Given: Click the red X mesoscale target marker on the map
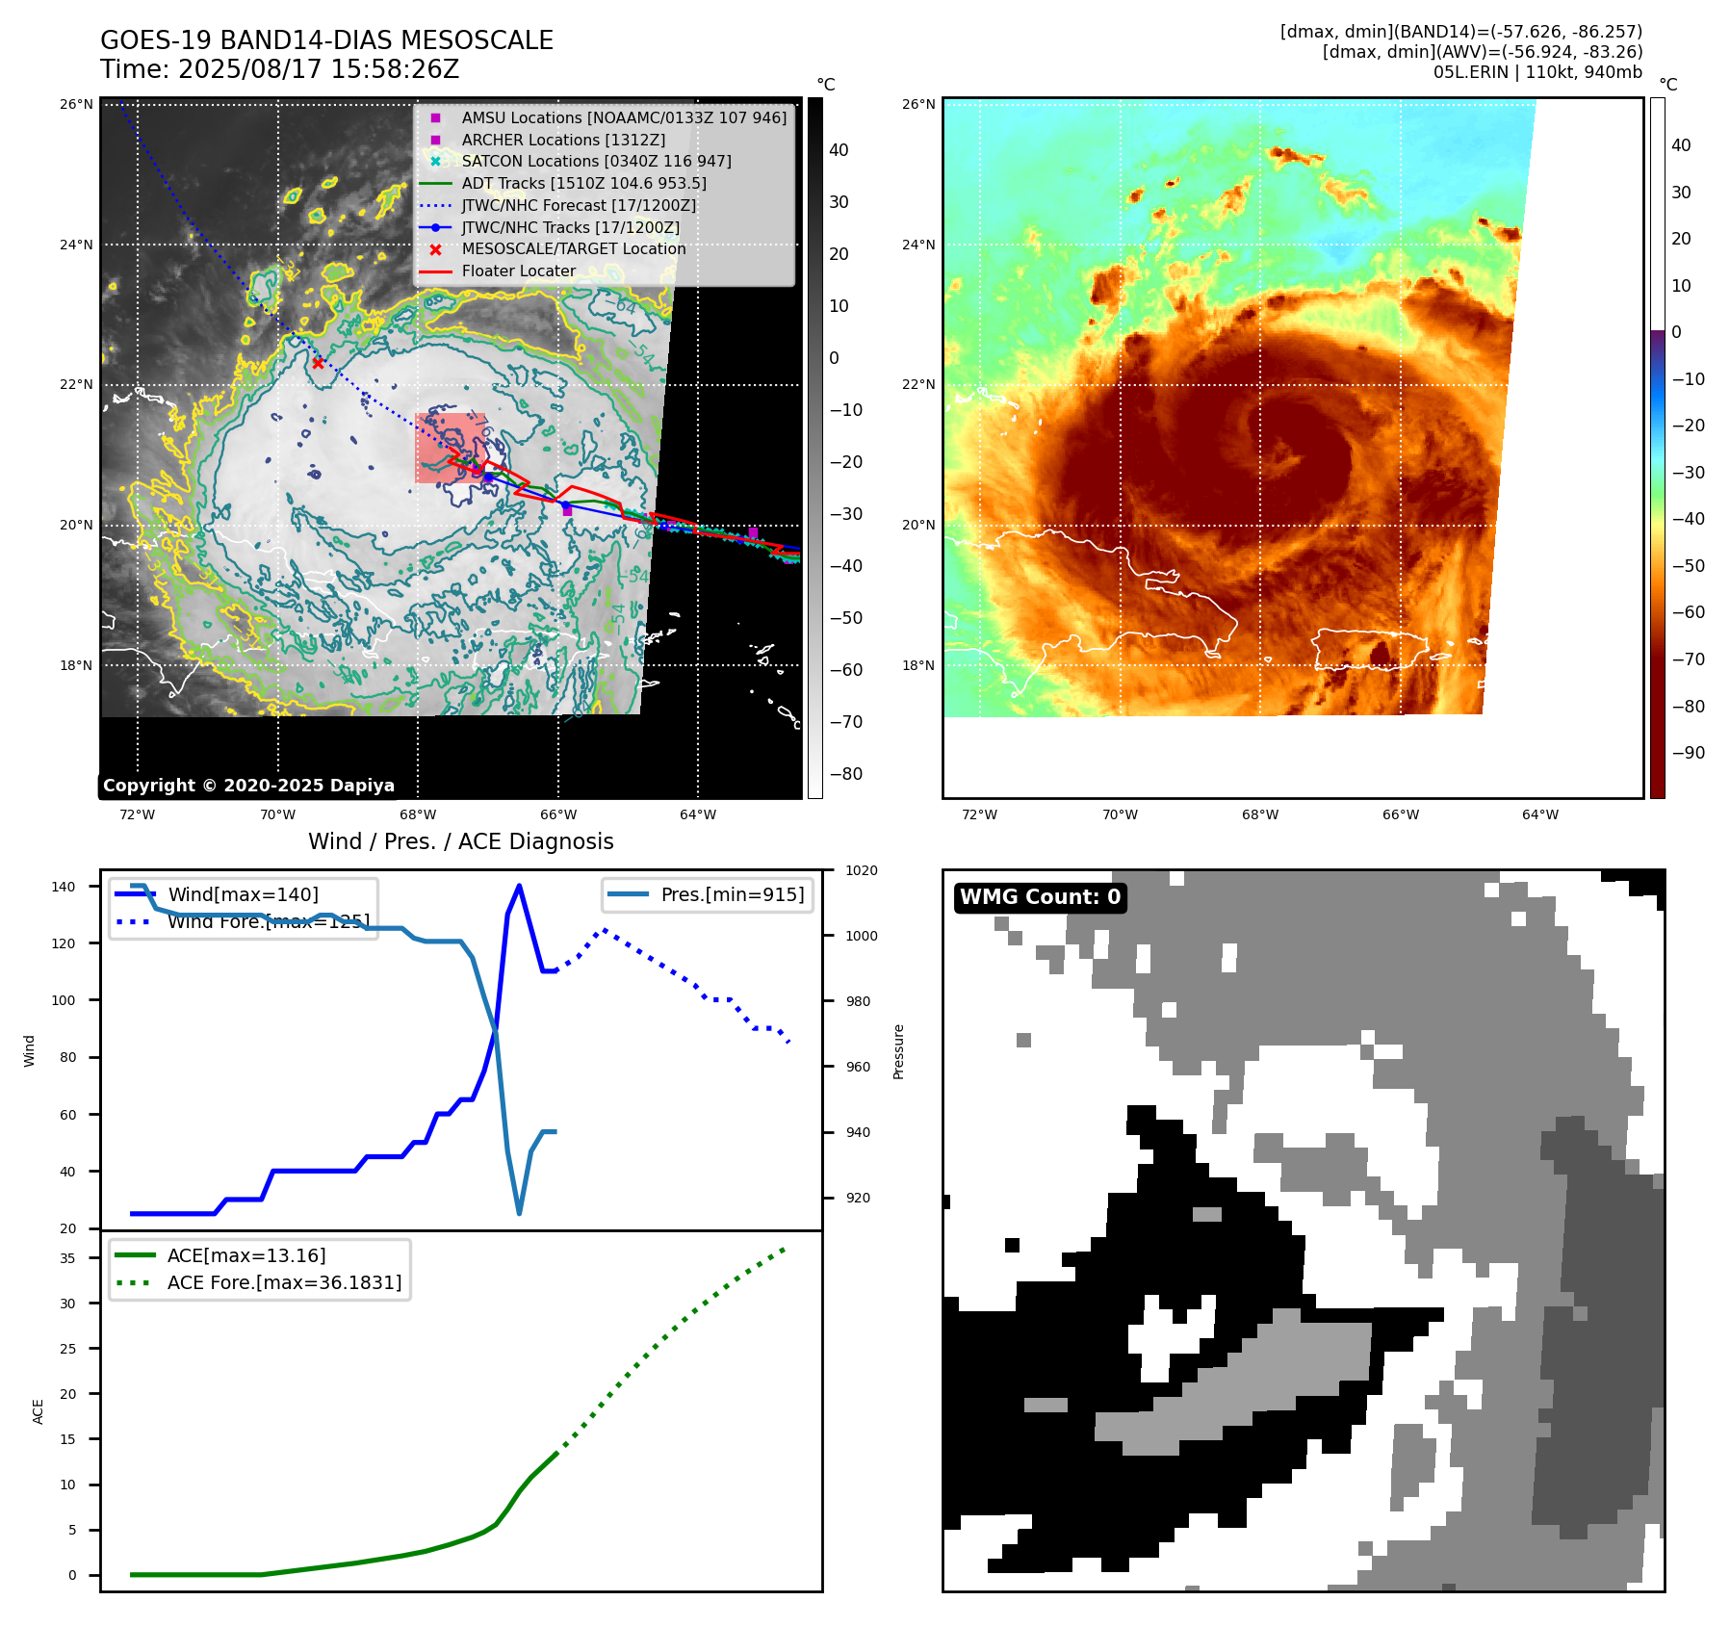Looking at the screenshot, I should [x=318, y=363].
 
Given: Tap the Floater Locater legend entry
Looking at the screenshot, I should [x=518, y=271].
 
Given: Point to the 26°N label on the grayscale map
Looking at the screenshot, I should [x=76, y=104].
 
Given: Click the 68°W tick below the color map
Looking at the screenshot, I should [x=1259, y=814].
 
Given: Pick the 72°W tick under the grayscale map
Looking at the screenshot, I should [x=137, y=814].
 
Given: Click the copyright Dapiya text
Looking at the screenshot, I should [x=248, y=786].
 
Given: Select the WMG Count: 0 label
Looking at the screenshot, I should [x=1040, y=897].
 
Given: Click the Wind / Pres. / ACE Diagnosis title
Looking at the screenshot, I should [x=460, y=841].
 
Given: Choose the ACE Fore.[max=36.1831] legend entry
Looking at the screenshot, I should [x=284, y=1282].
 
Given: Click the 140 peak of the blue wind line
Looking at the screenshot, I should [x=519, y=886].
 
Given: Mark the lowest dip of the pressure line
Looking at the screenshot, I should [x=520, y=1213].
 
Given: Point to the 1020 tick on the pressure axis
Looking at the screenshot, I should [x=861, y=870].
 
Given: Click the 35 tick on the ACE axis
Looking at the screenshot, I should [x=67, y=1258].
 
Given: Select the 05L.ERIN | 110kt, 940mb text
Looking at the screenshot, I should [x=1537, y=72].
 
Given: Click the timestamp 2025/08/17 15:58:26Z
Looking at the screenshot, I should [x=319, y=69].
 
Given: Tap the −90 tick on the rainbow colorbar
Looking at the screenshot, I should [x=1688, y=753].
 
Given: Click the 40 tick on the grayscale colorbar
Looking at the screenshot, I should [x=839, y=150].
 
